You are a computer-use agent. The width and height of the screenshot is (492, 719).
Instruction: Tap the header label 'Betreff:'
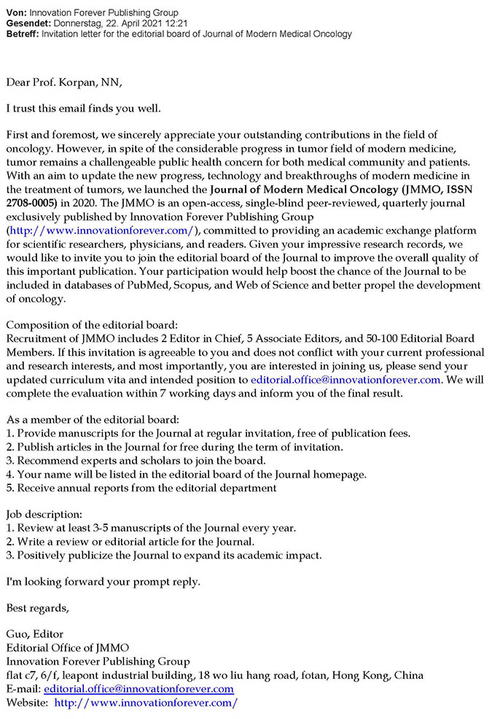point(21,34)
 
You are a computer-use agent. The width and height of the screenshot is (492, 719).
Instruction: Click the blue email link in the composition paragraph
point(345,379)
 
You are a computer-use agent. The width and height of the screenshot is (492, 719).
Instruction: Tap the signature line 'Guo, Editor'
point(34,634)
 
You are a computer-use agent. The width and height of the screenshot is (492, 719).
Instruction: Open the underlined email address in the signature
point(138,688)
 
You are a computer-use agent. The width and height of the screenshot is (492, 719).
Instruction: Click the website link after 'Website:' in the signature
point(146,702)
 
